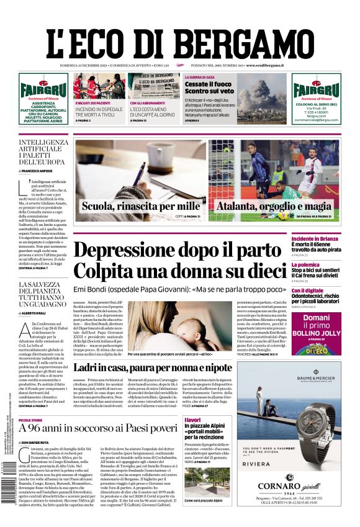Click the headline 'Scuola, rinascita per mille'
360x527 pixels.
coord(141,206)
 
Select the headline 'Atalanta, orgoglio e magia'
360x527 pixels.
coord(274,206)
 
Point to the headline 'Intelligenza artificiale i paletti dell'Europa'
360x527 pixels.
coord(43,153)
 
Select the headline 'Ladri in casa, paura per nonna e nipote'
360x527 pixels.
coord(161,367)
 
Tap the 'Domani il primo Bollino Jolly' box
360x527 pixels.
coord(317,333)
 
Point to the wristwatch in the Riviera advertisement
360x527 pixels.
coord(310,413)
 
